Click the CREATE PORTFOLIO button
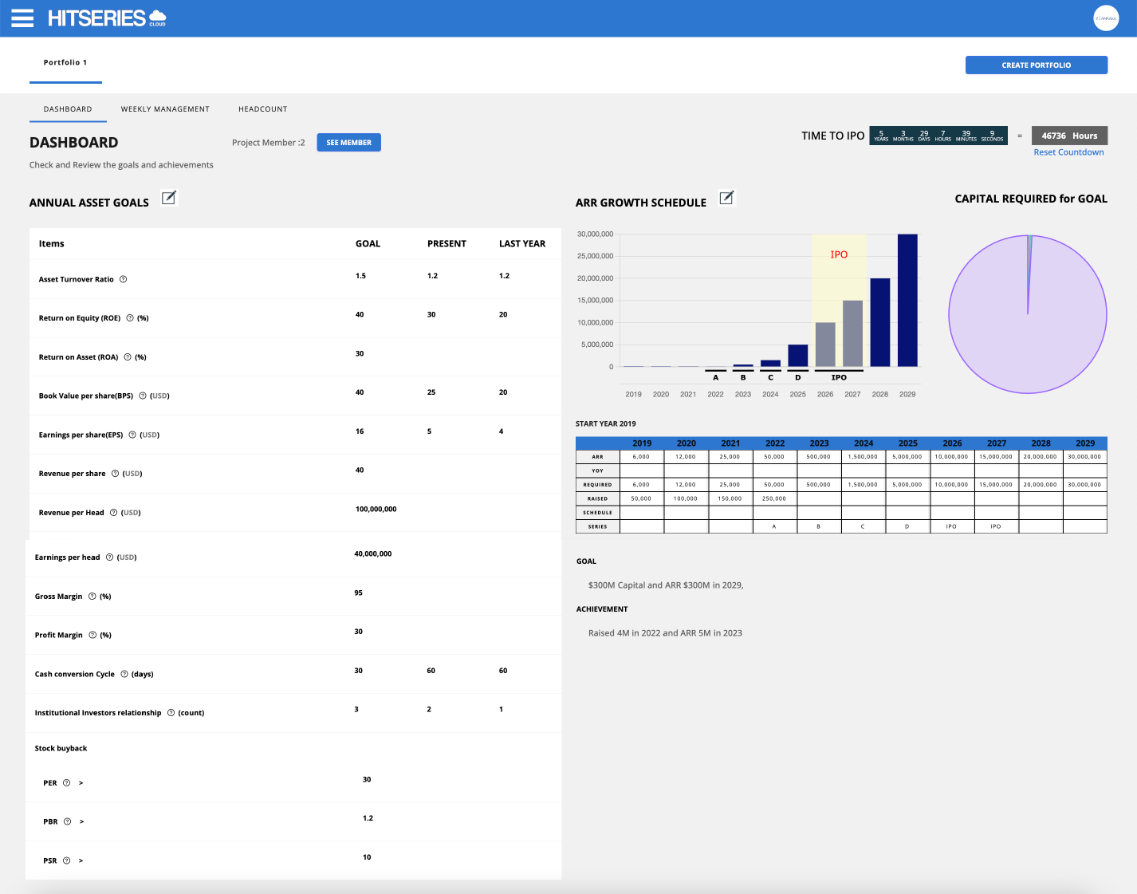coord(1036,65)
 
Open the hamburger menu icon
coord(22,18)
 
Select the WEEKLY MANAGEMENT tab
coord(165,109)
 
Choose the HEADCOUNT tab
coord(262,109)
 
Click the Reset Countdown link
coord(1068,152)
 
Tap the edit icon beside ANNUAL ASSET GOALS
coord(169,198)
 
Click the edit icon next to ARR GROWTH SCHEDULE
coord(726,198)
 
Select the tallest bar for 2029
coord(907,300)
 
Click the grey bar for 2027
coord(852,333)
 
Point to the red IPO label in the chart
coord(839,254)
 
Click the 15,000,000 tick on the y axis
coord(595,301)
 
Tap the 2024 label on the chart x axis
coord(770,394)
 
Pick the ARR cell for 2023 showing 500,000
coord(818,457)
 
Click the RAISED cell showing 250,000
coord(773,498)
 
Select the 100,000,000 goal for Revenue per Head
coord(376,509)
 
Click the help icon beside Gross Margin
coord(92,597)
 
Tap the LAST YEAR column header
coord(522,244)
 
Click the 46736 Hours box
coord(1069,136)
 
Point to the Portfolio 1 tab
coord(65,62)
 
